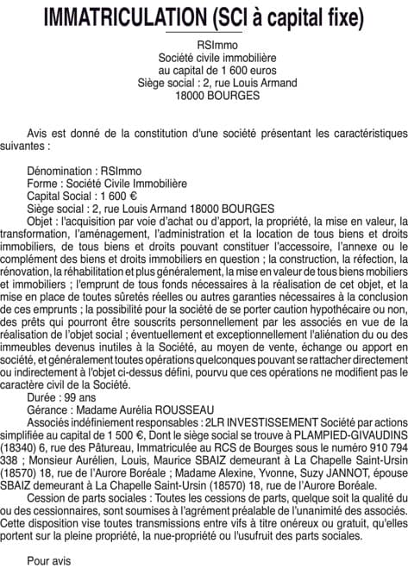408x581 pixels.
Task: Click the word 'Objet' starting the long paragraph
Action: (41, 220)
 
